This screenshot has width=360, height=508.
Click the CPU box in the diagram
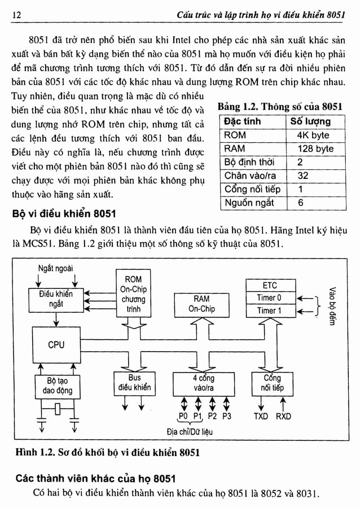[x=56, y=345]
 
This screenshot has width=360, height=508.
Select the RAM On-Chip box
[x=201, y=304]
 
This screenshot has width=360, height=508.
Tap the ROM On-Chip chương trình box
[x=133, y=294]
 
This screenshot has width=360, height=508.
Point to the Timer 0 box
[x=270, y=297]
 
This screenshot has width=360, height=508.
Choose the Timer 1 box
[x=270, y=310]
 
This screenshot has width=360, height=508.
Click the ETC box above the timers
[x=270, y=286]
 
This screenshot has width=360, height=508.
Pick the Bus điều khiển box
[x=134, y=383]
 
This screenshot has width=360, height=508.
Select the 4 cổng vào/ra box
[x=203, y=383]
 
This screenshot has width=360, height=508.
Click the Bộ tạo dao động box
[x=56, y=386]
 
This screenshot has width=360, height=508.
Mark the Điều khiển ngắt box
[x=56, y=299]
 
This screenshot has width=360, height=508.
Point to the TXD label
[x=261, y=417]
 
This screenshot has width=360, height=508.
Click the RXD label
[x=283, y=417]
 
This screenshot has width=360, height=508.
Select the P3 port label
[x=227, y=417]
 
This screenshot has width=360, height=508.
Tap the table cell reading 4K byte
[x=312, y=135]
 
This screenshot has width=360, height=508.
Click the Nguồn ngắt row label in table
[x=249, y=203]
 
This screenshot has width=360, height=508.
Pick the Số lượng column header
[x=310, y=121]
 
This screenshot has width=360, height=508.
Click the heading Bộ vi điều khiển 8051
[x=64, y=214]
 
